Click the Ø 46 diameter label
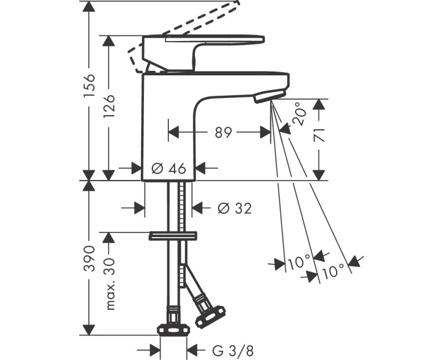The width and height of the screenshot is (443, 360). click(x=168, y=168)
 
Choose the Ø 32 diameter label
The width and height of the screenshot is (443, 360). click(x=234, y=208)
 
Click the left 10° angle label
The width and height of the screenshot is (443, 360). click(x=300, y=263)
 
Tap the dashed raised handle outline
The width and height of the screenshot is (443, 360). click(x=183, y=28)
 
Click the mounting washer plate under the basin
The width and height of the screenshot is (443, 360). click(x=173, y=236)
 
